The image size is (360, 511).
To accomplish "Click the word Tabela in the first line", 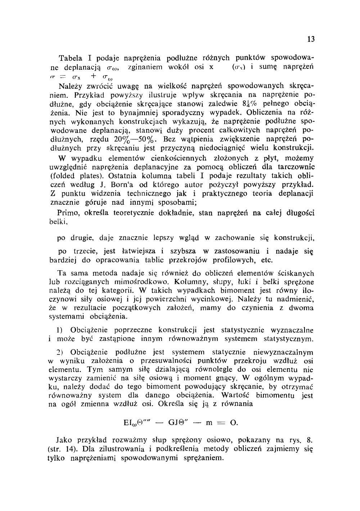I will point(71,58).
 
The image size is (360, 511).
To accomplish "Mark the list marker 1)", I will point(60,330).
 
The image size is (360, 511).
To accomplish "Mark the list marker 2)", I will point(60,352).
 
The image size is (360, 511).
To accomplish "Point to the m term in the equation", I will point(208,422).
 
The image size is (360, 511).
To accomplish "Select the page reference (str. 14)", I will point(62,449).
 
